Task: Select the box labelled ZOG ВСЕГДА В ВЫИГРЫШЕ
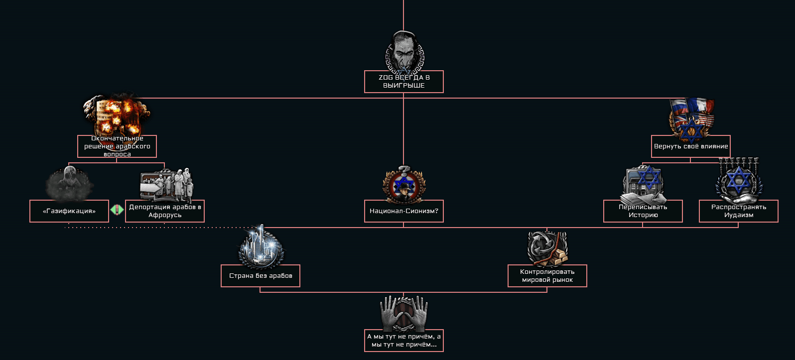click(x=404, y=82)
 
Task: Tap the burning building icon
click(x=117, y=118)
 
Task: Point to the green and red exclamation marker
click(x=117, y=210)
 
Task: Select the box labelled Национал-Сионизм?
click(x=404, y=211)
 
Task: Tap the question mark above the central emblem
click(x=404, y=170)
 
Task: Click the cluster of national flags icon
click(x=691, y=119)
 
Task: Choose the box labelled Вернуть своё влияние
click(x=691, y=146)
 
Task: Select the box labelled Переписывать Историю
click(x=643, y=211)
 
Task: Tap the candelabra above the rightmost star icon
click(x=739, y=162)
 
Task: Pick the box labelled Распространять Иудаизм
click(x=739, y=211)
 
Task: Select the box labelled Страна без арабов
click(x=261, y=275)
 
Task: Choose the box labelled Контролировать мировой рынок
click(x=547, y=275)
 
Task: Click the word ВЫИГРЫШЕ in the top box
click(x=404, y=86)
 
